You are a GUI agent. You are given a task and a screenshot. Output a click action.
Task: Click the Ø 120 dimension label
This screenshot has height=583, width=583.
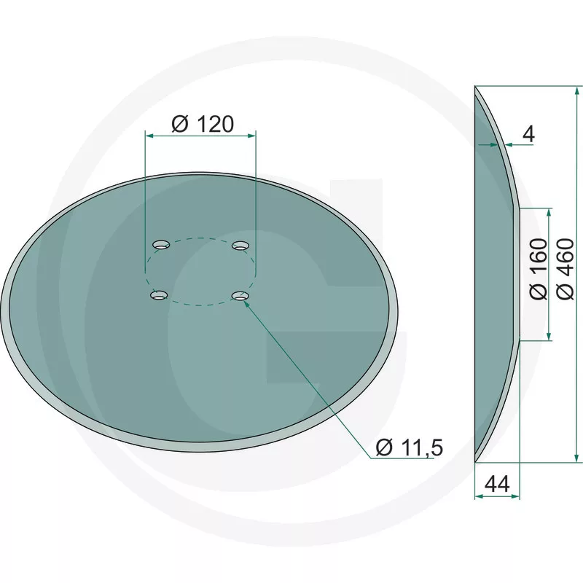(x=203, y=124)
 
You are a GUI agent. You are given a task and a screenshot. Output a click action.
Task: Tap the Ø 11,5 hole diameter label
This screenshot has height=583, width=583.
(x=410, y=447)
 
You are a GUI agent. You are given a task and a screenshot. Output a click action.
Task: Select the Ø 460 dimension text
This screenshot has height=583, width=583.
(x=566, y=269)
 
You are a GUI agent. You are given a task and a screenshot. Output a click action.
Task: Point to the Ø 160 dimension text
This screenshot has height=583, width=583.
(x=539, y=269)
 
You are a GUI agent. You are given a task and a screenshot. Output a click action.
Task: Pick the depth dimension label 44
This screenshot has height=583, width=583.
(x=498, y=484)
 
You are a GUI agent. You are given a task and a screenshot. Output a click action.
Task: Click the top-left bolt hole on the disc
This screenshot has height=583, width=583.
(x=161, y=245)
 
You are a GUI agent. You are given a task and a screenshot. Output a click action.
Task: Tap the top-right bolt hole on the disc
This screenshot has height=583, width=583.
(x=240, y=245)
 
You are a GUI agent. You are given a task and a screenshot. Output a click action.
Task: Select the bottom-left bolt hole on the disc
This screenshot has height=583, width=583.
(x=159, y=295)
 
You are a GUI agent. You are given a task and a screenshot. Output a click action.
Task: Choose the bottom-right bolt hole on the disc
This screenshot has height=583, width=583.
(x=240, y=296)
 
